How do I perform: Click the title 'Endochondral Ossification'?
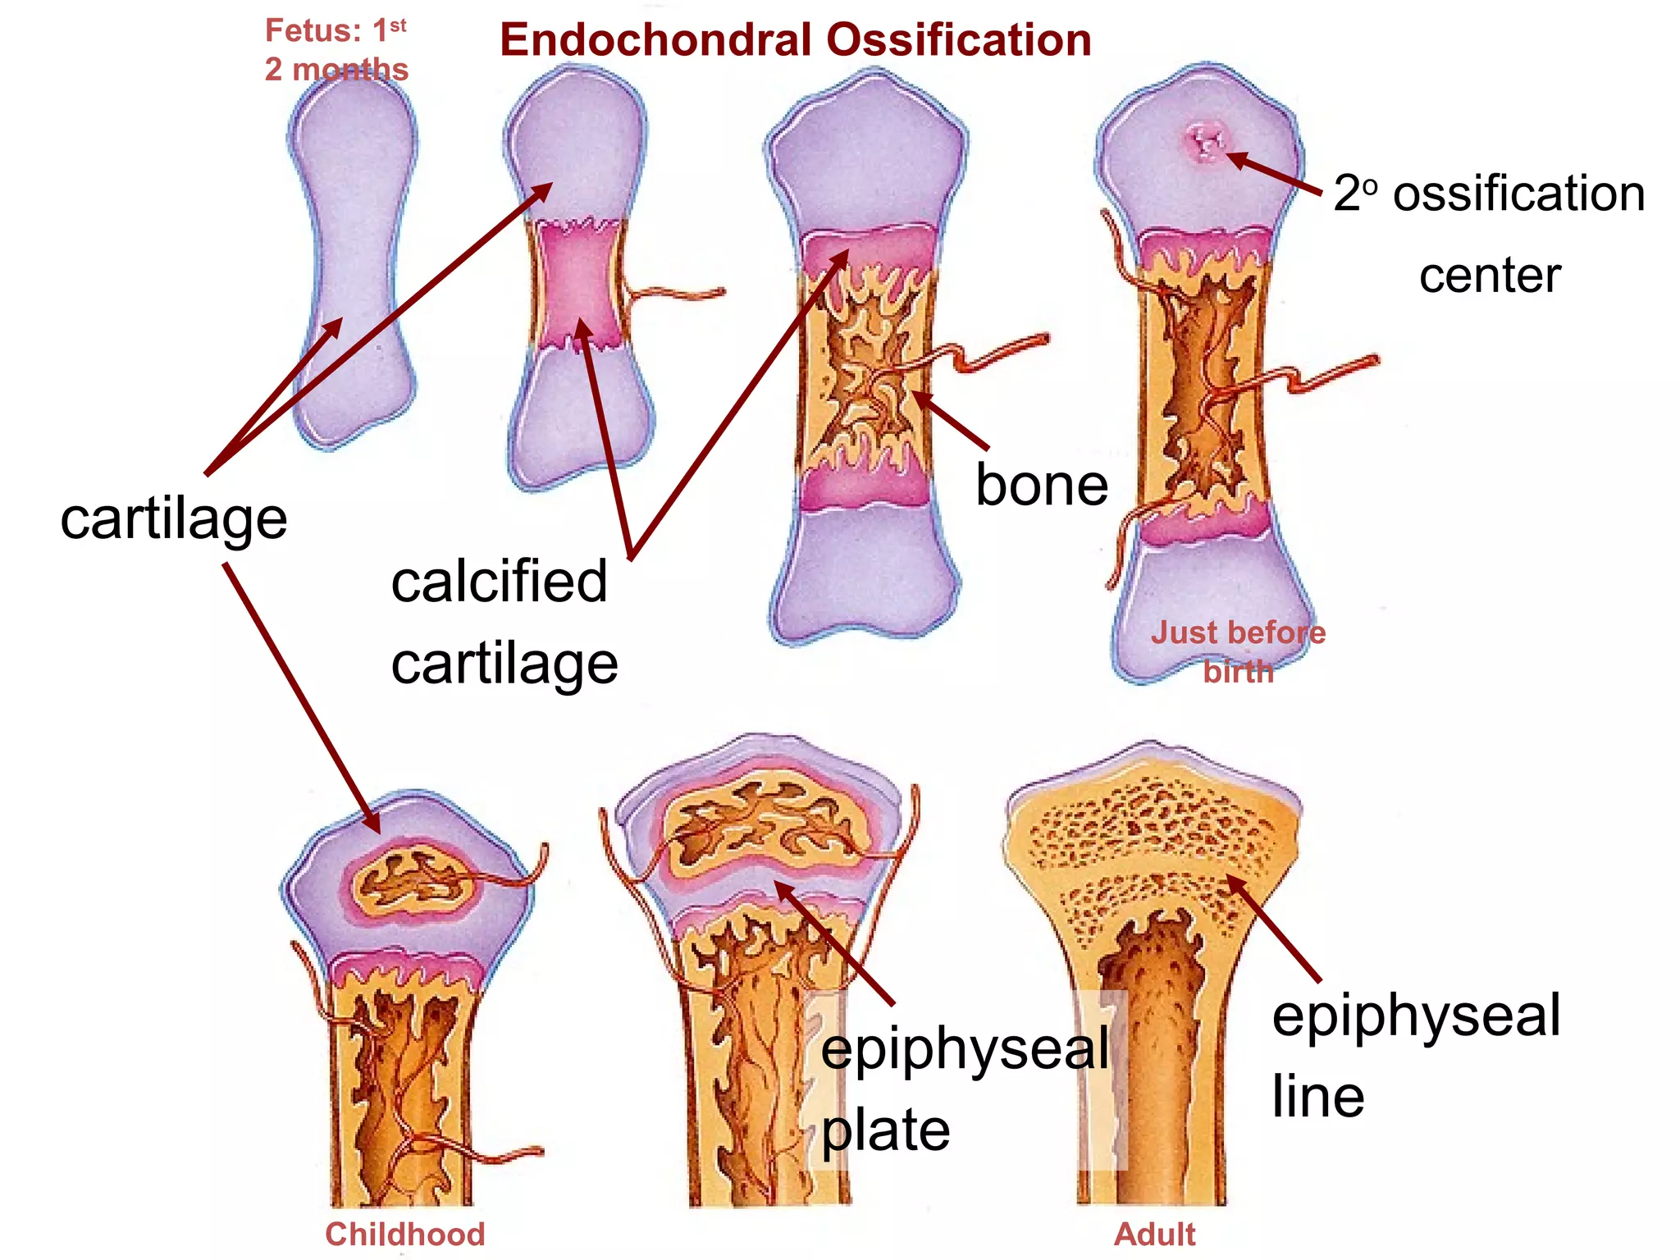(795, 39)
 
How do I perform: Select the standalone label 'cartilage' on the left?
(174, 519)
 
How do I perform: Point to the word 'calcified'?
(499, 582)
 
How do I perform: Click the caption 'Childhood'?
(404, 1234)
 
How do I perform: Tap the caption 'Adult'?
(1154, 1234)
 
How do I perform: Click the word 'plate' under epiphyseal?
(885, 1130)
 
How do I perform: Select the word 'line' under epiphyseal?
(1317, 1097)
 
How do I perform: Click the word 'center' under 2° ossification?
(1490, 276)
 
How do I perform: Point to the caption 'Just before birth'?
(1238, 651)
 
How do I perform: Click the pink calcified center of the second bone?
(578, 283)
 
